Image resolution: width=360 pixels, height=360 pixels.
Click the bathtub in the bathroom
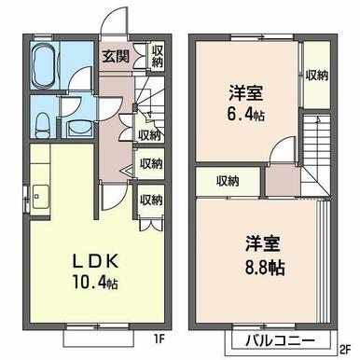45,66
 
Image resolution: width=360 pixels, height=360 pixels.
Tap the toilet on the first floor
42,125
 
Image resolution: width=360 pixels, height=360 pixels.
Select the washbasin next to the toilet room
79,129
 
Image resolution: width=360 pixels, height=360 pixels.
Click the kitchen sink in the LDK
40,197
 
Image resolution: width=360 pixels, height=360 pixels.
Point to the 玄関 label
116,57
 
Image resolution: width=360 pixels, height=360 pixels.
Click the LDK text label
95,261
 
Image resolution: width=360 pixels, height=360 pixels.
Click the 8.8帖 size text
264,267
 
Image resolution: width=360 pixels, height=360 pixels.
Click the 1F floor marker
158,339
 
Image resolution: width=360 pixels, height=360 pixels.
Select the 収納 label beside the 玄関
158,56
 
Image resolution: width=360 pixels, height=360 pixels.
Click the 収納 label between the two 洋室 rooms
228,182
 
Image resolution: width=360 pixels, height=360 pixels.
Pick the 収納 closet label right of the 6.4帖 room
317,76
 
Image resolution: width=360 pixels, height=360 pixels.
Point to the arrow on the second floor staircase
318,120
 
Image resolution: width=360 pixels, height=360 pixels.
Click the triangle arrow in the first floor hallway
127,172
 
